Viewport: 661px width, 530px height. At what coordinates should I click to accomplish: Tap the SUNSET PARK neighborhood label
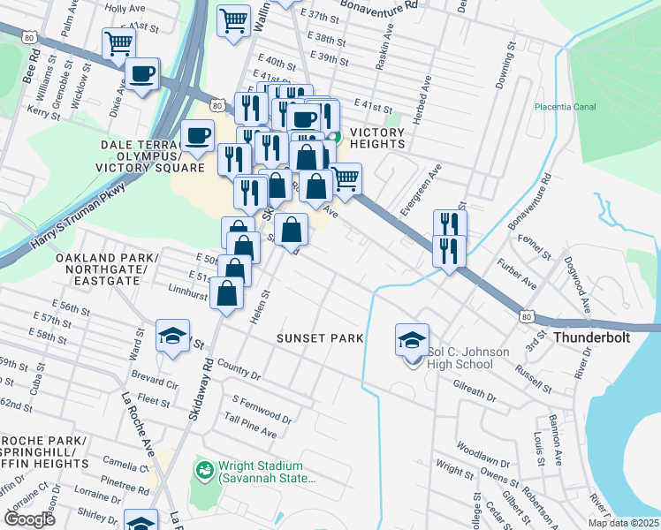pos(315,338)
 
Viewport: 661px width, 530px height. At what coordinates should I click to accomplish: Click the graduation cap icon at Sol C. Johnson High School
pos(412,340)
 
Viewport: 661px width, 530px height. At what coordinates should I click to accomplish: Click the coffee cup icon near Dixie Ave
pos(141,75)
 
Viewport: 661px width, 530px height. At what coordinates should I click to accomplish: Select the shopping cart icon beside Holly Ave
pos(118,43)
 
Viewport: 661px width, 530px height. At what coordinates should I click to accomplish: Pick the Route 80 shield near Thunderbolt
pos(527,315)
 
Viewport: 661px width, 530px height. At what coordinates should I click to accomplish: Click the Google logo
pos(30,519)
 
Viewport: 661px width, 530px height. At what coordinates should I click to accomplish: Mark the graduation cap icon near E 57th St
pos(172,336)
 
